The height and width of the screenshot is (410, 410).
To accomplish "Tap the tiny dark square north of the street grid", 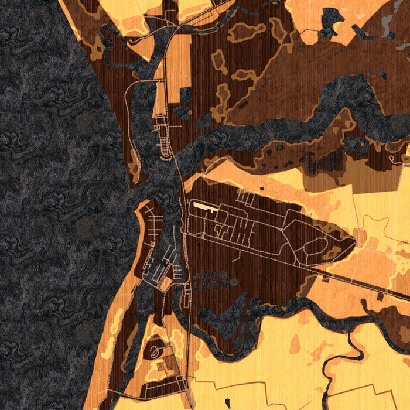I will (262, 188).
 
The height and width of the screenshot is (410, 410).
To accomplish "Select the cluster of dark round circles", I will (213, 281).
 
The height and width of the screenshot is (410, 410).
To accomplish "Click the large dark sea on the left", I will (53, 205).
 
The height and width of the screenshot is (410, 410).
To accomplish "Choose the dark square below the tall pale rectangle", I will (185, 94).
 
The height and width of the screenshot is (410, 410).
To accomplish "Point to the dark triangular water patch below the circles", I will (231, 310).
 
